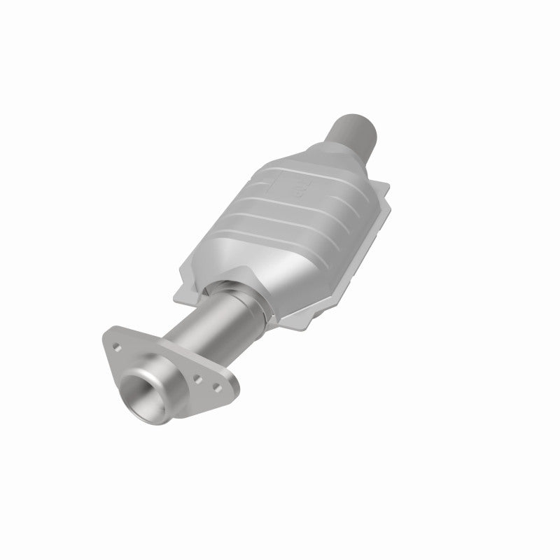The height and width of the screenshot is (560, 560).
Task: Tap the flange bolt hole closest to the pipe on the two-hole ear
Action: [199, 379]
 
